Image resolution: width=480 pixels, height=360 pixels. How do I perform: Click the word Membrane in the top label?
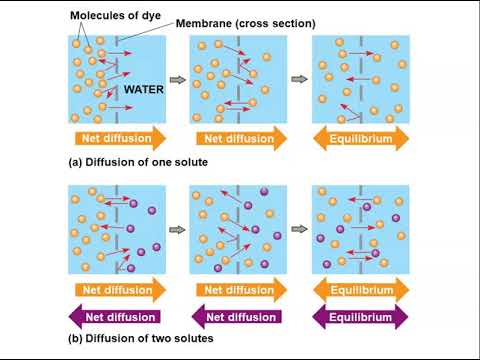click(203, 23)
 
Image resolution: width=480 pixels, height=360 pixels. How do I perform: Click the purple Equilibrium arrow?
click(361, 317)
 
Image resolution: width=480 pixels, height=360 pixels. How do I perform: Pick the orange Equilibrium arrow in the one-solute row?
click(361, 139)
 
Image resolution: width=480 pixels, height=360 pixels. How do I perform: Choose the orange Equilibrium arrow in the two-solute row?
click(361, 290)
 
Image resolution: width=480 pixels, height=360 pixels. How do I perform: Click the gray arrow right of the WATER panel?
click(177, 79)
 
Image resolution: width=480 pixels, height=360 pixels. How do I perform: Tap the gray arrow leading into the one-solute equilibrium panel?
click(299, 79)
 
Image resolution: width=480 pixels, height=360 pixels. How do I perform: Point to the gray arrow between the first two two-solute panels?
click(177, 230)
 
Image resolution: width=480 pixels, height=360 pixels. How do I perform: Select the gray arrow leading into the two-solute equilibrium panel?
click(299, 230)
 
